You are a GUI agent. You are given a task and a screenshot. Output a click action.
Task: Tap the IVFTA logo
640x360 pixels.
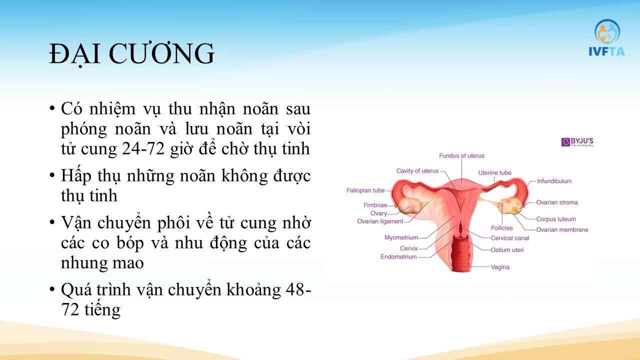point(606,37)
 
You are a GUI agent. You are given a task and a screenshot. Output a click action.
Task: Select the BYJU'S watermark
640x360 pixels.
point(577,142)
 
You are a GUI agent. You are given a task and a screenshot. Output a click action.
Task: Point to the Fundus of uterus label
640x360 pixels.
point(461,155)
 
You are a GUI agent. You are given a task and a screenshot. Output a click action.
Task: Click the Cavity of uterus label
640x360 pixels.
point(417,171)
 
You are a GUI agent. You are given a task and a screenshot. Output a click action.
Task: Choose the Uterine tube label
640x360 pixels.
point(495,173)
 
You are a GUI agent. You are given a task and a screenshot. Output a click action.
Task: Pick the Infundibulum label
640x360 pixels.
point(554,181)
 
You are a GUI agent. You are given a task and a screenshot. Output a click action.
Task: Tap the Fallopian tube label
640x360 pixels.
point(365,190)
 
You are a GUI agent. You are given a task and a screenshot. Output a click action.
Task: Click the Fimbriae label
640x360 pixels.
point(375,205)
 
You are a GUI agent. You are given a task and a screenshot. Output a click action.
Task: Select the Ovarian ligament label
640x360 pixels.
point(380,221)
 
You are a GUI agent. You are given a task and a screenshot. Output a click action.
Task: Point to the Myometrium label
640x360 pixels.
point(401,237)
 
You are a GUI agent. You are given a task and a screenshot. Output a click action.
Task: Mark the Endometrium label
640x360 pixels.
point(398,257)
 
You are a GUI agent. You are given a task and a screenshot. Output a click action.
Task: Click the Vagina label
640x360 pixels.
point(500,267)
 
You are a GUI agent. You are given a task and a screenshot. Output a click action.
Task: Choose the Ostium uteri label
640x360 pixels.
point(507,250)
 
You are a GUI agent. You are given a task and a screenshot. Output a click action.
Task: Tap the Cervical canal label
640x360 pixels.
point(510,238)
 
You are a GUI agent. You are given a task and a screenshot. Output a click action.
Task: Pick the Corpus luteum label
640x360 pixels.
point(556,219)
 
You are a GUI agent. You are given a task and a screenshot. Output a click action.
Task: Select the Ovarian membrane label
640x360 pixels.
point(562,229)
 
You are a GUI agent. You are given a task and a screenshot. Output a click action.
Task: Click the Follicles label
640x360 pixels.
point(502,228)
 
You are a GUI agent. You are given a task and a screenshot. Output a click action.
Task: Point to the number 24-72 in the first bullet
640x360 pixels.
point(143,148)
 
